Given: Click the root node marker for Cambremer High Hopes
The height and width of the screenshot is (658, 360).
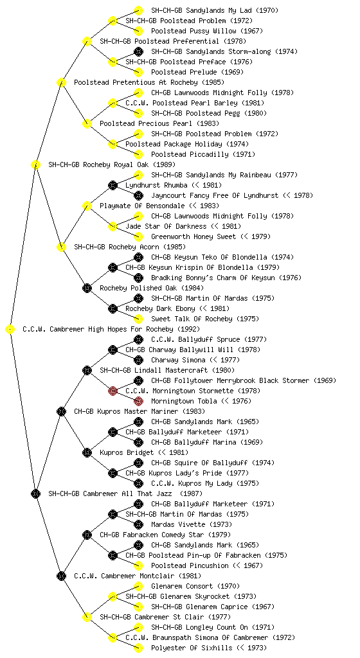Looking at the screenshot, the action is (10, 330).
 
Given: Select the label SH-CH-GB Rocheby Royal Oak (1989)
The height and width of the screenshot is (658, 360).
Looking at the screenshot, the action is (112, 164).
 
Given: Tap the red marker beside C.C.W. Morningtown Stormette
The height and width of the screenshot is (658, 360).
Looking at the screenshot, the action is (113, 391).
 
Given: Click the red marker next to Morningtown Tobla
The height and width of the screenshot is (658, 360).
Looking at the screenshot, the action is (138, 401).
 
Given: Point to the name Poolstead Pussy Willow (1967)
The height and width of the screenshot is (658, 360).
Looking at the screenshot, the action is (207, 31).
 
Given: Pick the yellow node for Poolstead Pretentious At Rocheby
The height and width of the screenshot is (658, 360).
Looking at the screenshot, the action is (61, 82).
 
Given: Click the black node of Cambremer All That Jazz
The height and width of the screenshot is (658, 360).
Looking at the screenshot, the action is (35, 493).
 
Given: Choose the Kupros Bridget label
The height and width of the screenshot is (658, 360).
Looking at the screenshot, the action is (127, 452).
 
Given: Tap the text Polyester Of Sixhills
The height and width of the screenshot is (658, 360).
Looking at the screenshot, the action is (193, 648).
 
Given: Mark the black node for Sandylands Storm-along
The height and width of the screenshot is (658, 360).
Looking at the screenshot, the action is (138, 51).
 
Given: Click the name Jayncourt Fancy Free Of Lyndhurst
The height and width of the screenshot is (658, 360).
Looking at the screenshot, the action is (215, 195).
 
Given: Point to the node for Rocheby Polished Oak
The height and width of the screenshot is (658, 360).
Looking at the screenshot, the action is (87, 288).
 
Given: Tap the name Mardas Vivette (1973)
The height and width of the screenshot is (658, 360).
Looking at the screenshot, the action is (192, 524).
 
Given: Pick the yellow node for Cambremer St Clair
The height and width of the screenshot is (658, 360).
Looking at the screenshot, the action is (87, 617).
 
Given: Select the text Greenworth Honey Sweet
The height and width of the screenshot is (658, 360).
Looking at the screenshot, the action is (194, 236).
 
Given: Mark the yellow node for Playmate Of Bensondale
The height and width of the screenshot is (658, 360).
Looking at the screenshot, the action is (87, 206).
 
